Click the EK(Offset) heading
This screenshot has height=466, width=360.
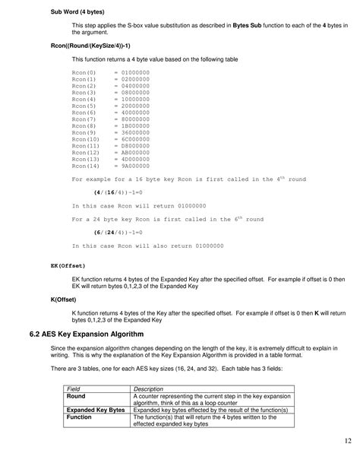pos(68,266)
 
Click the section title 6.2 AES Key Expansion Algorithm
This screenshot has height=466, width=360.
pos(111,334)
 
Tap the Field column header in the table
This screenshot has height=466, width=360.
pos(74,389)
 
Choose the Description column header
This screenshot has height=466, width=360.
pos(149,389)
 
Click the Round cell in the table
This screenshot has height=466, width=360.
pos(76,397)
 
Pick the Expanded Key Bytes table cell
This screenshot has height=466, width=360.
pos(96,410)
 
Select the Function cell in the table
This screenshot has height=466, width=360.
pos(80,417)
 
